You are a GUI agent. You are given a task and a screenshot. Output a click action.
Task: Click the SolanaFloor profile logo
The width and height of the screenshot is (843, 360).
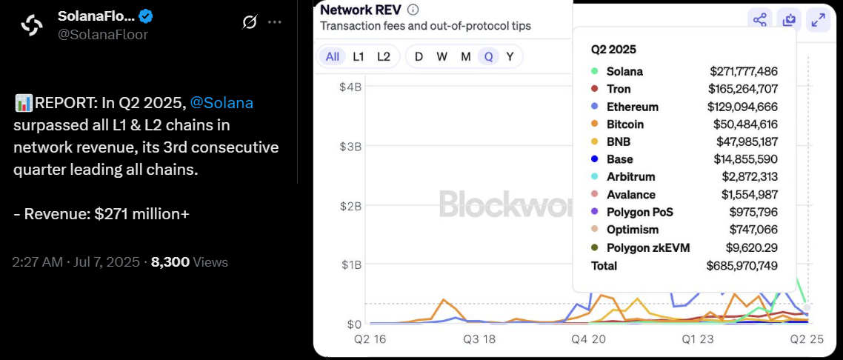32,25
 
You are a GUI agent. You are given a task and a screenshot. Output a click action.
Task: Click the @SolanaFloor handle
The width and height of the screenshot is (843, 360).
104,34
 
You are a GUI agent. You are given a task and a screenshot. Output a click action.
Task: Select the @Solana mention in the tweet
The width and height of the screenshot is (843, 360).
221,103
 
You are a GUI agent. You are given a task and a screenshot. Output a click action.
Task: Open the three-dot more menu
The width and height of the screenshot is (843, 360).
275,22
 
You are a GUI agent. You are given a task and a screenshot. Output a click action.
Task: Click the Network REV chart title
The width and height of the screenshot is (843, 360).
360,10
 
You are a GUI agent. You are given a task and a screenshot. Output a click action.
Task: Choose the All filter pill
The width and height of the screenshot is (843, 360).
333,56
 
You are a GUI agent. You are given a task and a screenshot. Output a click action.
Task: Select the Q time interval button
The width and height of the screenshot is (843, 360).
488,56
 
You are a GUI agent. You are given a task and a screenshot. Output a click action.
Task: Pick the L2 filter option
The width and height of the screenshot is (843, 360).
383,56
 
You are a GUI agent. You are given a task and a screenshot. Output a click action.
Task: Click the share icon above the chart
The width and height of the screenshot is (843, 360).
759,20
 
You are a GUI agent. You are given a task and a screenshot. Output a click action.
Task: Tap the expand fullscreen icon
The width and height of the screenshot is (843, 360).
818,20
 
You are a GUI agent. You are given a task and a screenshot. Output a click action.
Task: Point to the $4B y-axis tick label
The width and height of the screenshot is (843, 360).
350,87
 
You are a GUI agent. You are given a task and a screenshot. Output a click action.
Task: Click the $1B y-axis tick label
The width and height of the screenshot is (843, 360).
350,264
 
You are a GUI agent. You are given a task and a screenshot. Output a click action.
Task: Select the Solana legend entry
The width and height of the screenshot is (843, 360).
624,72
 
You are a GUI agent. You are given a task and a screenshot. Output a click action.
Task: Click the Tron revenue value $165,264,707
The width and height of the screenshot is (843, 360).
743,90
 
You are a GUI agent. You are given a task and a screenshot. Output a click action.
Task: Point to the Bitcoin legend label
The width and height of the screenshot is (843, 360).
624,124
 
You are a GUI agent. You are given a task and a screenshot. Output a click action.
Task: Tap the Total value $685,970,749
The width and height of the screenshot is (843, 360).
742,264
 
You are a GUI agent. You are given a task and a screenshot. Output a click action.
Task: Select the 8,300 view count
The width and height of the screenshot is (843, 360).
170,261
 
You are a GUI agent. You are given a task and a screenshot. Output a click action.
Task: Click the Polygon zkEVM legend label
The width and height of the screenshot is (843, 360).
648,247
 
